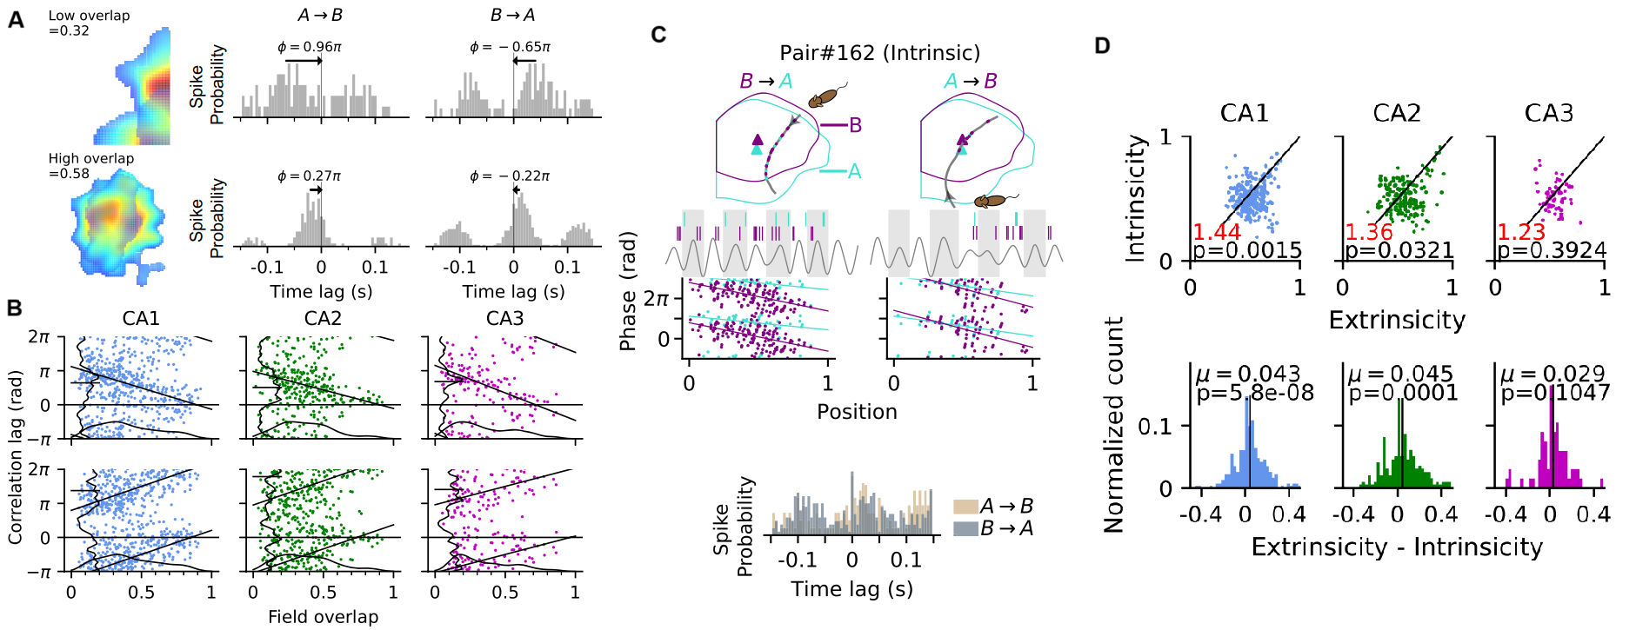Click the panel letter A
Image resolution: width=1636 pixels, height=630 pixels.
coord(16,18)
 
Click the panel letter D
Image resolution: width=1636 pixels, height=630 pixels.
coord(1102,45)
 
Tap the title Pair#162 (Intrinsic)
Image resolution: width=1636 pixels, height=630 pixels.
coord(879,54)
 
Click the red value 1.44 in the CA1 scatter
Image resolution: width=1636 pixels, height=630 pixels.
coord(1217,232)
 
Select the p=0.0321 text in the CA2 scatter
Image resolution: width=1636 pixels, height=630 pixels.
coord(1399,251)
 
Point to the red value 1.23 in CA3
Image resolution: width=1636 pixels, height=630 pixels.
coord(1520,232)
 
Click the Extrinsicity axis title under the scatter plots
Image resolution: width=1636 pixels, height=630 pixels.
coord(1397,321)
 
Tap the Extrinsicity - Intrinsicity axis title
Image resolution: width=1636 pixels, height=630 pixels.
coord(1397,547)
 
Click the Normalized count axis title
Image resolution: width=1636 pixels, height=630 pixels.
coord(1114,424)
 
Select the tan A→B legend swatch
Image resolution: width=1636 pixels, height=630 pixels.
coord(965,507)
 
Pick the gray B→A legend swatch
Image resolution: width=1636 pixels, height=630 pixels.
coord(965,528)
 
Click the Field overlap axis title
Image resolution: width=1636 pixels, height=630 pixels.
coord(323,617)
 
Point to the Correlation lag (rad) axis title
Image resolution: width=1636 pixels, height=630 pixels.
coord(15,457)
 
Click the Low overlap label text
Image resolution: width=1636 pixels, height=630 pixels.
coord(89,16)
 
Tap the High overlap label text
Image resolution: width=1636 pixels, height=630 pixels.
coord(91,159)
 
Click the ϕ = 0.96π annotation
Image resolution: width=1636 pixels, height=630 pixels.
coord(310,47)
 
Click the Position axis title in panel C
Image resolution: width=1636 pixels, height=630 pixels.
coord(857,412)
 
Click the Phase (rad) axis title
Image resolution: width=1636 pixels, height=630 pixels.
coord(628,291)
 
